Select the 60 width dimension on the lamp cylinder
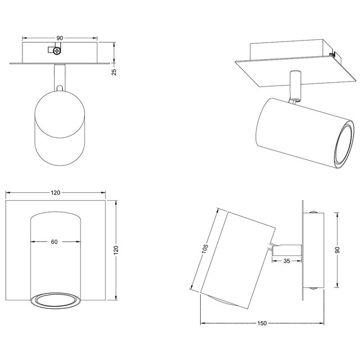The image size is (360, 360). click(54, 242)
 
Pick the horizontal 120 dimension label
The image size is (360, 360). click(55, 193)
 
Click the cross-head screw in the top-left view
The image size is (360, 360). click(57, 51)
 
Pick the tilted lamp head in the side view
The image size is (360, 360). click(236, 253)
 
